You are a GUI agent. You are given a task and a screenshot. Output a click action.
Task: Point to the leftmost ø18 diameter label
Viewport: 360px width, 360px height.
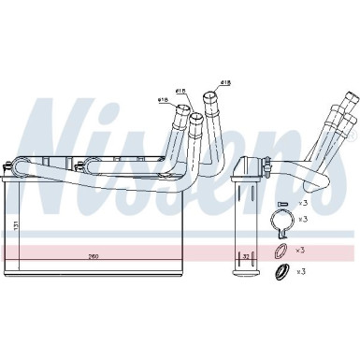162,99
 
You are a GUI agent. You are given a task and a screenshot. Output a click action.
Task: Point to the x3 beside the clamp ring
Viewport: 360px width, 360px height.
301,219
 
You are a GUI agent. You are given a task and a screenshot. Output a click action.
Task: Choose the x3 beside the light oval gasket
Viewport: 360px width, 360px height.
301,251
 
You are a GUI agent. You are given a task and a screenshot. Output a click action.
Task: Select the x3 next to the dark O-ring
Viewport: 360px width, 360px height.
301,271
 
